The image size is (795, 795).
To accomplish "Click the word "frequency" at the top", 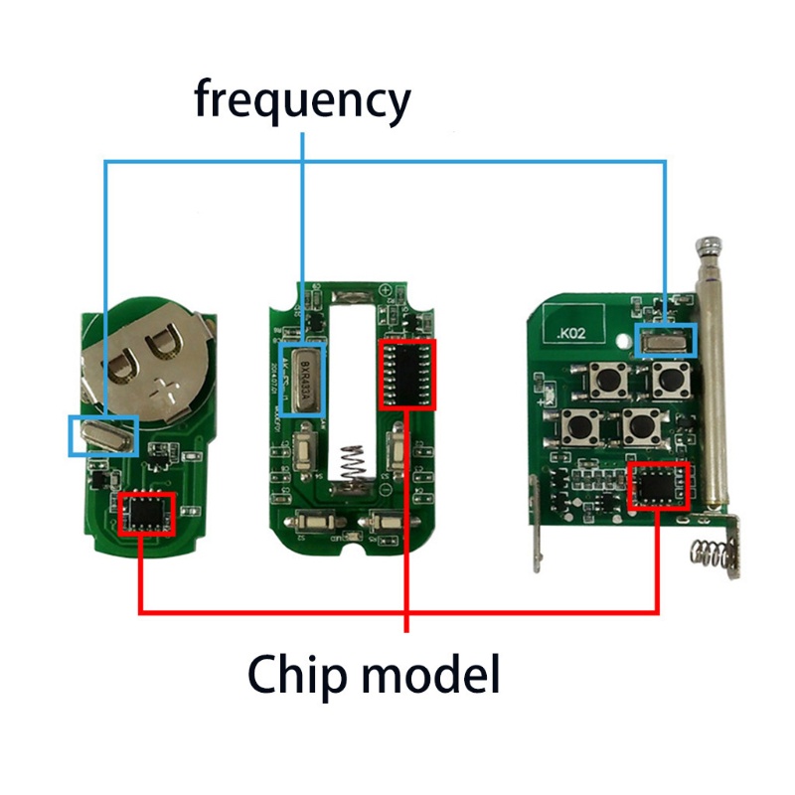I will [x=301, y=101].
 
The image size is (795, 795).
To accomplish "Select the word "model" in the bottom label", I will [x=429, y=675].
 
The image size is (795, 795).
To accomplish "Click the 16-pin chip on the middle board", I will [x=406, y=373].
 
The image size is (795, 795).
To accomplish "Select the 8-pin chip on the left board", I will [x=146, y=514].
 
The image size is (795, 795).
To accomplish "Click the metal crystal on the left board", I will [x=102, y=434].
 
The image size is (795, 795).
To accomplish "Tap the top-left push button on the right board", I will [x=604, y=378].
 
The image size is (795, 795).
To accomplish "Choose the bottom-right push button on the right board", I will [x=639, y=426].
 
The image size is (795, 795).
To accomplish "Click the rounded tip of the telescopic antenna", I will [x=711, y=243].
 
